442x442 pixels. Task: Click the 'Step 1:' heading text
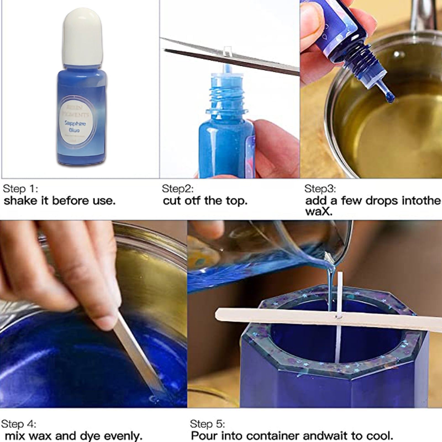(x=20, y=189)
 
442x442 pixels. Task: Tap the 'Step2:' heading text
(x=178, y=189)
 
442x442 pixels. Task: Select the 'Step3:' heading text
(x=320, y=189)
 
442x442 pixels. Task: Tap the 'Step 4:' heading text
(x=19, y=424)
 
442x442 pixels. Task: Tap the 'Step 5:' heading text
(x=207, y=424)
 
